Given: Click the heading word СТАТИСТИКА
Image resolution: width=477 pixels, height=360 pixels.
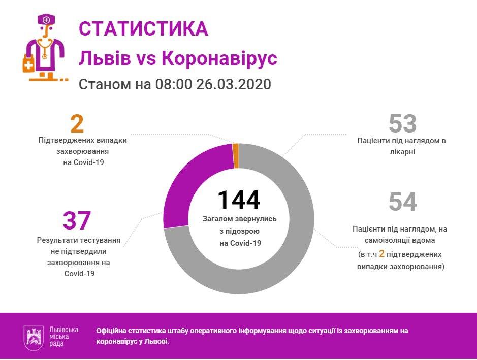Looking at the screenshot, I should pyautogui.click(x=143, y=29).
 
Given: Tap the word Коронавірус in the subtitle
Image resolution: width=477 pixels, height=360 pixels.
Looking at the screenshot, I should pyautogui.click(x=219, y=58).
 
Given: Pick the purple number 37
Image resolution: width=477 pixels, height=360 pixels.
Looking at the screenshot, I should pyautogui.click(x=77, y=220).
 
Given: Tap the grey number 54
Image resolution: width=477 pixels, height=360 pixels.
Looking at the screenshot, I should pyautogui.click(x=402, y=202).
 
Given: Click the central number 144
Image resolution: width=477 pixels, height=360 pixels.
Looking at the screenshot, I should pyautogui.click(x=238, y=200).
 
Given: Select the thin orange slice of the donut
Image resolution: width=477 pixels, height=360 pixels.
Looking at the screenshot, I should pyautogui.click(x=235, y=155).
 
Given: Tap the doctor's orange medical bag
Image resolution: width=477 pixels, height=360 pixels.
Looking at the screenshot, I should pyautogui.click(x=28, y=64).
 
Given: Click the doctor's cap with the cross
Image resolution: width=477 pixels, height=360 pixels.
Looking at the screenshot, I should pyautogui.click(x=46, y=20).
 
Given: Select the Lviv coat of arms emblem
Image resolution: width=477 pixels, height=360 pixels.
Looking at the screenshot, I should pyautogui.click(x=35, y=337).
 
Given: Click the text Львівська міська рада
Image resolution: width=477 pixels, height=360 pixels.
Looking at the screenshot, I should pyautogui.click(x=64, y=337).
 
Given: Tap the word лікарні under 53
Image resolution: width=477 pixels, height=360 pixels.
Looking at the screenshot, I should pyautogui.click(x=402, y=151).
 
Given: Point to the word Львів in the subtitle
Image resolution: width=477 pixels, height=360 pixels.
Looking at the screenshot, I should pyautogui.click(x=105, y=58).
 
